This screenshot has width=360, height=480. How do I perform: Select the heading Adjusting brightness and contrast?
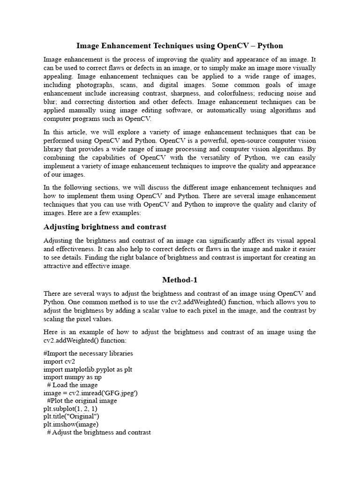105,227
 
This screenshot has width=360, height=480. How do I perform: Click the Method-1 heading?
180,280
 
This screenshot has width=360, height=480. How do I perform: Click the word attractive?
59,266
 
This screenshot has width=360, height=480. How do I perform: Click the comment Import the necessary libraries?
88,353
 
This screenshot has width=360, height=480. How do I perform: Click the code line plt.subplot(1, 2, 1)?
70,409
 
